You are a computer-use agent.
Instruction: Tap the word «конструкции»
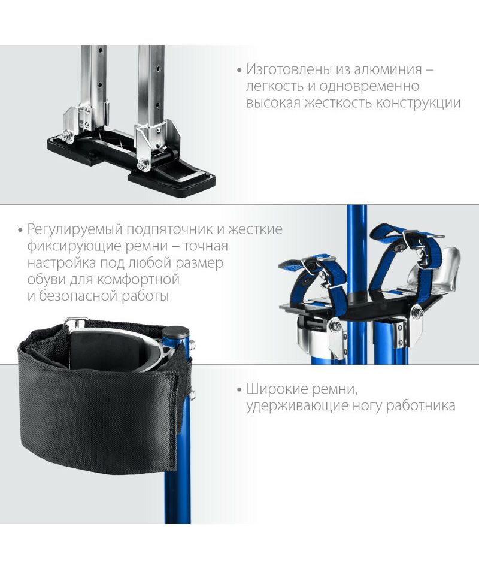pyautogui.click(x=418, y=103)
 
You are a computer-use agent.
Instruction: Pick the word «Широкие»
pyautogui.click(x=275, y=389)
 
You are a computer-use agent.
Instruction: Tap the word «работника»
pyautogui.click(x=420, y=405)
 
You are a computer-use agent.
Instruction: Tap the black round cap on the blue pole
pyautogui.click(x=176, y=332)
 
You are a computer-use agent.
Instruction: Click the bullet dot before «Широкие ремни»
pyautogui.click(x=239, y=391)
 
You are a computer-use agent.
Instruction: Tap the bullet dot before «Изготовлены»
pyautogui.click(x=239, y=70)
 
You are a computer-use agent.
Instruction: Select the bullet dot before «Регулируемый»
pyautogui.click(x=20, y=231)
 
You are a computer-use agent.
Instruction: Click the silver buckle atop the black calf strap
pyautogui.click(x=76, y=321)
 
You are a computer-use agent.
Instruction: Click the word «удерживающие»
pyautogui.click(x=296, y=405)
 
